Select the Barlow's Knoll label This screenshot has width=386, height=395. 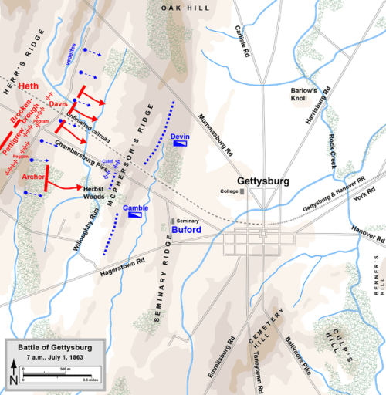pos(303,94)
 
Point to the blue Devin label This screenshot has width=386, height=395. pos(180,136)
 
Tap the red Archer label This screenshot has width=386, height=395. pos(33,177)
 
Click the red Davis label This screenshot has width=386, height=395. pos(59,103)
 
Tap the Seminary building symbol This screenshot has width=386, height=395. pos(173,221)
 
